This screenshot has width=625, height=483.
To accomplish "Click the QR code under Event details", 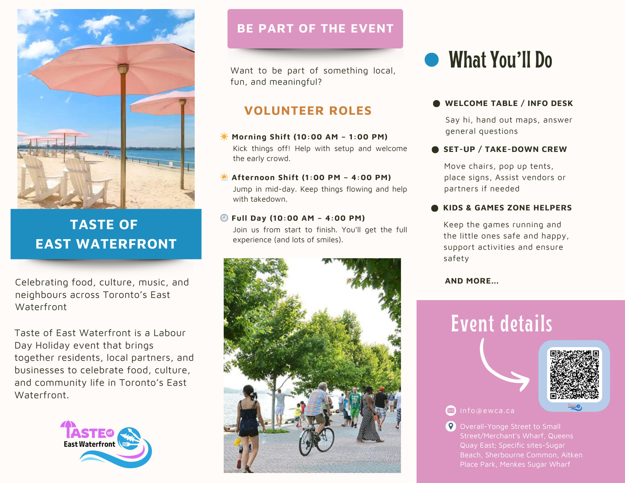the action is coord(574,375).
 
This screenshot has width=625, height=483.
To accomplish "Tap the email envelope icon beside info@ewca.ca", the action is coord(451,410).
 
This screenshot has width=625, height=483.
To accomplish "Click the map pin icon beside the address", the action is coord(451,426).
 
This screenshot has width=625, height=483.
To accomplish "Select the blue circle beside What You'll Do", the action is coord(432,60).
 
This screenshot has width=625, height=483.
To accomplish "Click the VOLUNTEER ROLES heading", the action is coord(308,111).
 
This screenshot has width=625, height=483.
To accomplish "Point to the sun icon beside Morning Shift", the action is coord(224,136).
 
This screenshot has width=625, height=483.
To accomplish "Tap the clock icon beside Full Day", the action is coord(224,218).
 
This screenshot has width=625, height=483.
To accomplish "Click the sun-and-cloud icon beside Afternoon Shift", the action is coord(224,177).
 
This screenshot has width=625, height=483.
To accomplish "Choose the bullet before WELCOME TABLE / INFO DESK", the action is coord(436,103).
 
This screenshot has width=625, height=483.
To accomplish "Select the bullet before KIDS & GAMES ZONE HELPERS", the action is coord(435,208).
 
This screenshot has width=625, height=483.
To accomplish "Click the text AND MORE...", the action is coord(472,281).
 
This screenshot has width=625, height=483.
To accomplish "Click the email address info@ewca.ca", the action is coord(487,410).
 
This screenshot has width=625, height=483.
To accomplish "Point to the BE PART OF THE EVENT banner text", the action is coord(315,28).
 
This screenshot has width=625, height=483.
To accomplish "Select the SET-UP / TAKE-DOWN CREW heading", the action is coord(505,149).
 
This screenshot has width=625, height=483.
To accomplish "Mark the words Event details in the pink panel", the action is coord(502,324).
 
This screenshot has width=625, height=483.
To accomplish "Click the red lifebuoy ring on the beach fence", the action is coord(107,153).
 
